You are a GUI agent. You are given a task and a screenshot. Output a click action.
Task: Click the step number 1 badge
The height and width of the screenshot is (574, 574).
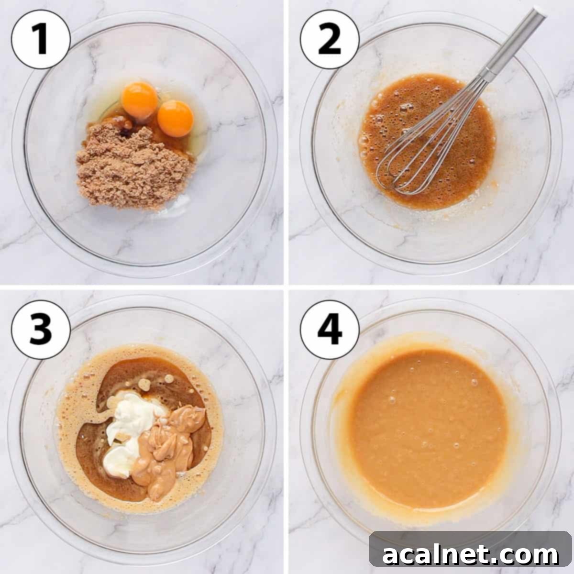tap(41, 40)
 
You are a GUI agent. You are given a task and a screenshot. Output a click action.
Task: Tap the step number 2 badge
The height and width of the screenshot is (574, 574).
tap(330, 40)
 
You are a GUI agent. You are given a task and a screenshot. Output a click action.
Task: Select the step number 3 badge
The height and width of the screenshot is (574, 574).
tap(41, 330)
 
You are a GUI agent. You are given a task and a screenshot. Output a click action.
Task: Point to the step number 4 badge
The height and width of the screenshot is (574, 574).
tap(330, 330)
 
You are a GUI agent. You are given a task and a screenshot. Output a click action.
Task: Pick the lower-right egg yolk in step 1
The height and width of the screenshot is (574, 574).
tap(176, 118)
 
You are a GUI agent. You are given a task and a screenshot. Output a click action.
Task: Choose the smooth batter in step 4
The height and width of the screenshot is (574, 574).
tap(426, 426)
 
